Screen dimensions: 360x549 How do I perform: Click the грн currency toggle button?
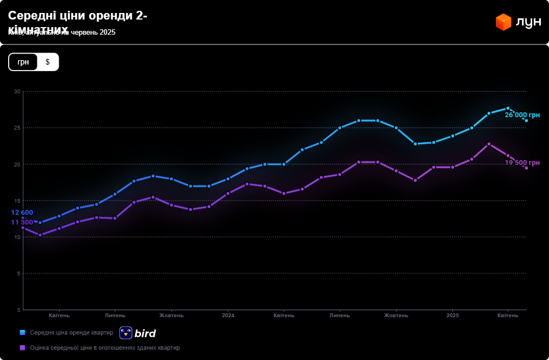pyautogui.click(x=23, y=62)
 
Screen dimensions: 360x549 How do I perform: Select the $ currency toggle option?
pyautogui.click(x=48, y=62)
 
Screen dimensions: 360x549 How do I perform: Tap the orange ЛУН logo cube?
pyautogui.click(x=503, y=22)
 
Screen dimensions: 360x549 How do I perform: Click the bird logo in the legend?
pyautogui.click(x=138, y=333)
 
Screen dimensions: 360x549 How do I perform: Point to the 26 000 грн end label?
pyautogui.click(x=522, y=115)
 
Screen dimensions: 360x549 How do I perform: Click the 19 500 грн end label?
pyautogui.click(x=522, y=163)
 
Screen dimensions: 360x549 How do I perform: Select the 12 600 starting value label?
pyautogui.click(x=22, y=213)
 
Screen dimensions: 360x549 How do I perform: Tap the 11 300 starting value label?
pyautogui.click(x=22, y=222)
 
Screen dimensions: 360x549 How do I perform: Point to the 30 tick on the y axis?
pyautogui.click(x=17, y=92)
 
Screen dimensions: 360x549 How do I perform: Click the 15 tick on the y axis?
pyautogui.click(x=17, y=201)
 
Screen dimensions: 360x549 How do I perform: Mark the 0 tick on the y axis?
pyautogui.click(x=18, y=310)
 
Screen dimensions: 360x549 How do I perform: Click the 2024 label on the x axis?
pyautogui.click(x=228, y=316)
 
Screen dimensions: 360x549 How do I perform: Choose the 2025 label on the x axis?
pyautogui.click(x=452, y=316)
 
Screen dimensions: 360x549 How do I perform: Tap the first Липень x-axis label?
pyautogui.click(x=115, y=316)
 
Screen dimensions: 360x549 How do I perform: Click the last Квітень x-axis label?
pyautogui.click(x=508, y=316)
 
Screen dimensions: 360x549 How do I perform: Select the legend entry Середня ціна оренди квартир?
pyautogui.click(x=71, y=332)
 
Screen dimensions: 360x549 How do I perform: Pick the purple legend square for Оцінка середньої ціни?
pyautogui.click(x=22, y=348)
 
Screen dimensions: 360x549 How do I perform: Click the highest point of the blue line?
pyautogui.click(x=508, y=108)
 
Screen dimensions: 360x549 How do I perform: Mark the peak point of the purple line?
pyautogui.click(x=489, y=144)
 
